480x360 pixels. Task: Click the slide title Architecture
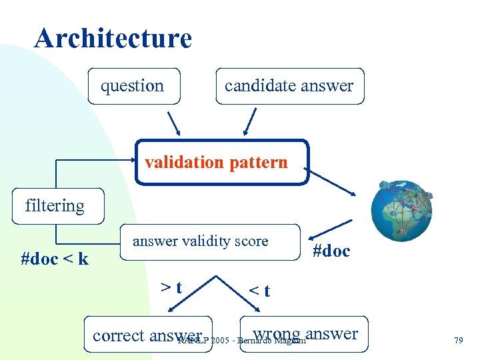tap(113, 38)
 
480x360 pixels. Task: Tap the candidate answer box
tap(290, 86)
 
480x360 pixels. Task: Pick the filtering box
tap(55, 206)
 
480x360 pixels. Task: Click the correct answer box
tap(149, 335)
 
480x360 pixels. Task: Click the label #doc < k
tap(55, 259)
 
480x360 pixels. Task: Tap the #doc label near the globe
tap(331, 251)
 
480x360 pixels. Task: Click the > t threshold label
tap(172, 288)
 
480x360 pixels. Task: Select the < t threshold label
tap(259, 291)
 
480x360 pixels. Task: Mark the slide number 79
tap(458, 341)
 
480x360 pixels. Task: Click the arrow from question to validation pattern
tap(173, 123)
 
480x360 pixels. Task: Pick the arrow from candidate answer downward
tap(250, 123)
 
